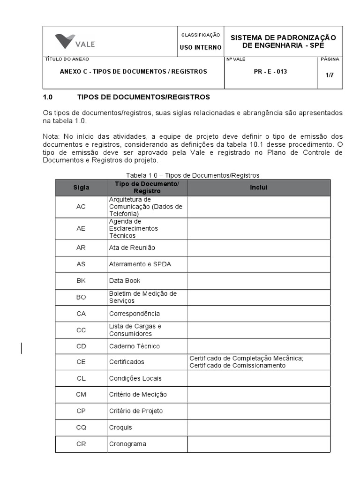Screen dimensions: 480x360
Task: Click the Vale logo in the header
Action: pos(75,42)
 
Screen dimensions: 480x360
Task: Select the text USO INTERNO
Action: pos(201,47)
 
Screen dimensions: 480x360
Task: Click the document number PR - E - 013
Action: pos(270,72)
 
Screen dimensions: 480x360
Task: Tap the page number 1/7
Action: pos(330,75)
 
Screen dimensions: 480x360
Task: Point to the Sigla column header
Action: pos(81,187)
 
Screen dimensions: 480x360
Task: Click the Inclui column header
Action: pos(259,187)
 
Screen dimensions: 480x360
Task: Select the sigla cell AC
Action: pos(81,207)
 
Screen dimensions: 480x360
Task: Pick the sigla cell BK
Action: pos(81,281)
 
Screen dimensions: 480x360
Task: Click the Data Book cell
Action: pos(125,281)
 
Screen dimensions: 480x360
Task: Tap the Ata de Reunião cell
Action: pos(132,247)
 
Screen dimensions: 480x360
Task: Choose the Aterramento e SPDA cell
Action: pos(140,264)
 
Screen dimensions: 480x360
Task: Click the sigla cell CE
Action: pos(81,362)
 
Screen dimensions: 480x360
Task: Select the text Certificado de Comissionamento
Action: pos(237,366)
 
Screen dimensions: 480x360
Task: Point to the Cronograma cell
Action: pos(127,444)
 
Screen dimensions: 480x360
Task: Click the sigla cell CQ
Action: pos(81,427)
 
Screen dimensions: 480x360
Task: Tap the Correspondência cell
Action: pos(134,314)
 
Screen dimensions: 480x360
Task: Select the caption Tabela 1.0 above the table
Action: pos(193,175)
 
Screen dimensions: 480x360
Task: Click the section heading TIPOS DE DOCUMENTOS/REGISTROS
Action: pos(143,97)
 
